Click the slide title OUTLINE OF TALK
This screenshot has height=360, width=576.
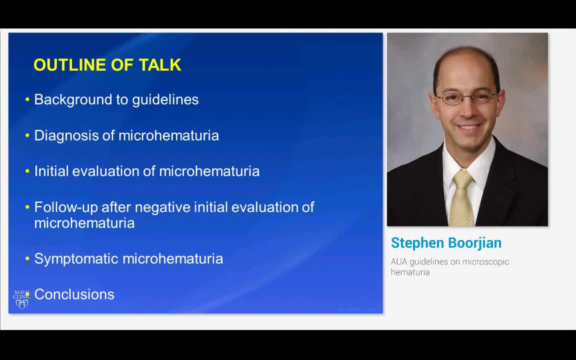pyautogui.click(x=107, y=65)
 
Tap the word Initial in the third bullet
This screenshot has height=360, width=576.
pyautogui.click(x=51, y=171)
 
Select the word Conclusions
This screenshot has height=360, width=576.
pyautogui.click(x=74, y=294)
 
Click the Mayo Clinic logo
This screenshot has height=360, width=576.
pyautogui.click(x=21, y=299)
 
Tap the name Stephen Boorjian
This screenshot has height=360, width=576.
pyautogui.click(x=446, y=243)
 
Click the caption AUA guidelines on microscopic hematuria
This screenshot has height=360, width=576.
pyautogui.click(x=449, y=267)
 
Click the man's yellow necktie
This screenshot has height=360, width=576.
pyautogui.click(x=461, y=198)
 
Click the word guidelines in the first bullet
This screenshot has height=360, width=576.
pyautogui.click(x=165, y=99)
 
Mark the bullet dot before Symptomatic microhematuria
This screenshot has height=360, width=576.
pyautogui.click(x=27, y=259)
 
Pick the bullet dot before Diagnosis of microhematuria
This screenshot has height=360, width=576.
pyautogui.click(x=27, y=136)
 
